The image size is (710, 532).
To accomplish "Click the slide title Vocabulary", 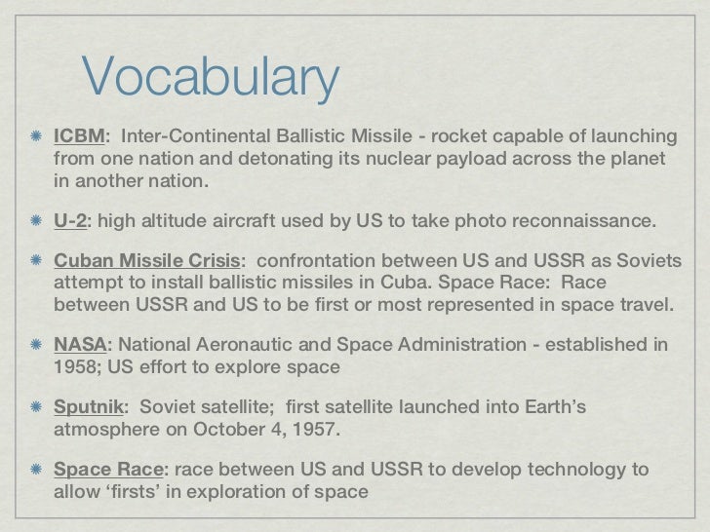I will point(210,79).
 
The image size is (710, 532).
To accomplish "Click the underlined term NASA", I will point(80,344).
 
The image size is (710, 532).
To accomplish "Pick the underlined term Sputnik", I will point(87,406).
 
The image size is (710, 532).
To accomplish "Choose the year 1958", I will point(77,367).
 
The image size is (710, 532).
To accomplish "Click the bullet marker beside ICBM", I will point(35,135).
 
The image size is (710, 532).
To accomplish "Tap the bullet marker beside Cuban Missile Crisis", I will point(35,261).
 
